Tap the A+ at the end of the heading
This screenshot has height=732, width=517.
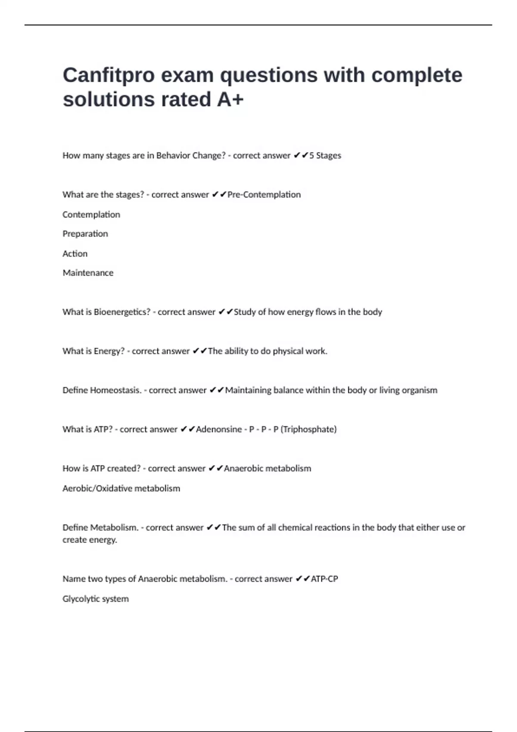(230, 99)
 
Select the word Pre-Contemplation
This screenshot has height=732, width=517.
(264, 195)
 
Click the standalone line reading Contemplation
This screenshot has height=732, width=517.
(91, 214)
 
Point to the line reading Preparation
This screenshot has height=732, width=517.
(85, 234)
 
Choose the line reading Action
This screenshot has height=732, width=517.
(75, 254)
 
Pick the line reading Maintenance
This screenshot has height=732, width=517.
(88, 273)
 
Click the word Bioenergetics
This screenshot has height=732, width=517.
(122, 312)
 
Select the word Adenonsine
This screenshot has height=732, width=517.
(219, 429)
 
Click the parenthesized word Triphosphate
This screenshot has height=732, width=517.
(308, 429)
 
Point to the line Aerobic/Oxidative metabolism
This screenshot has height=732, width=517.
(121, 488)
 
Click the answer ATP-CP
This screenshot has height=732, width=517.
(324, 579)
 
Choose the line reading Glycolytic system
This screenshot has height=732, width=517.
(96, 599)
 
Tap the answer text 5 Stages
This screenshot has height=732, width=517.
(325, 155)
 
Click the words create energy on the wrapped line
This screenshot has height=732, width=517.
(90, 540)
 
